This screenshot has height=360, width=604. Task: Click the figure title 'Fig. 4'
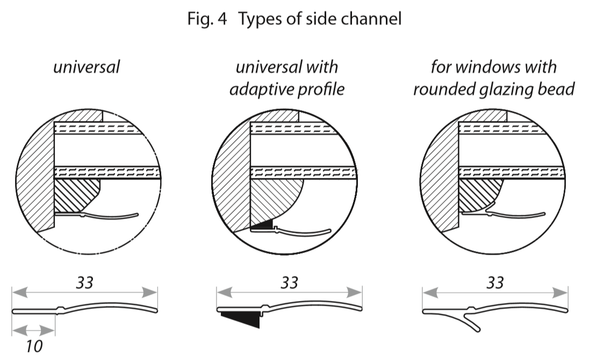[x=207, y=18]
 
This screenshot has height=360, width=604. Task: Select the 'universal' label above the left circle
[x=87, y=67]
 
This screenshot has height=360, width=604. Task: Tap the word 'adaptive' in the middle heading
[x=257, y=89]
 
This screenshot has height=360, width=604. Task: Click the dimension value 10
[x=34, y=346]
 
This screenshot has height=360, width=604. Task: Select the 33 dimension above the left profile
[x=84, y=283]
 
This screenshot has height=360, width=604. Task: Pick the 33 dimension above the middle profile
[x=289, y=283]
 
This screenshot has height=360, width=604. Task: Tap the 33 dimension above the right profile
[x=495, y=283]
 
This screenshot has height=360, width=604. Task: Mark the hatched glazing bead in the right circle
[x=479, y=195]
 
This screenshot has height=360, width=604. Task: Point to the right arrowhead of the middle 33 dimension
[x=354, y=293]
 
